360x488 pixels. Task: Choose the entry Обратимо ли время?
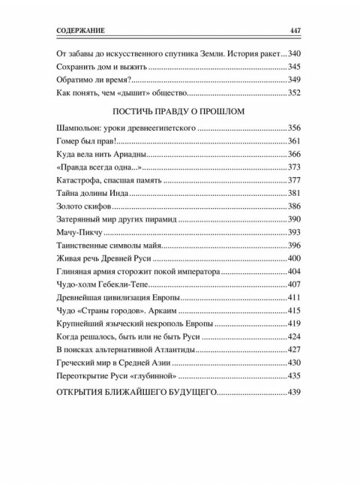point(94,80)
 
